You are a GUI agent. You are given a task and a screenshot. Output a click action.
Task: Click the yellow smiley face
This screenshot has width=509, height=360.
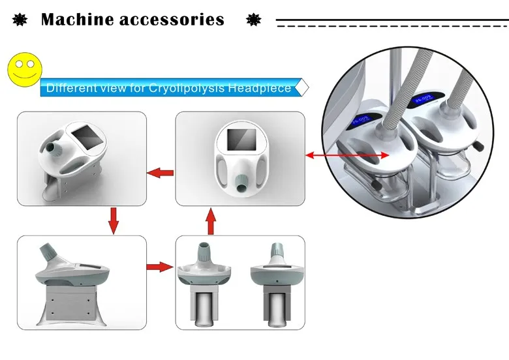coord(23,68)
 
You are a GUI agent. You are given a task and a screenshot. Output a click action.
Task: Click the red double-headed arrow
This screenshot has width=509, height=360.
coord(348,155)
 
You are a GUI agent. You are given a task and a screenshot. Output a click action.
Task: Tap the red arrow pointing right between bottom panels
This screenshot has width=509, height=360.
coord(161,267)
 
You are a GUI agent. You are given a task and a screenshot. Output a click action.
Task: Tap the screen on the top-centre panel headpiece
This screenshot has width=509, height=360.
coord(241,149)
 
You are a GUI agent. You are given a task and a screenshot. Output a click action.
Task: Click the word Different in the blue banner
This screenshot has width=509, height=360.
coord(70,88)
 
